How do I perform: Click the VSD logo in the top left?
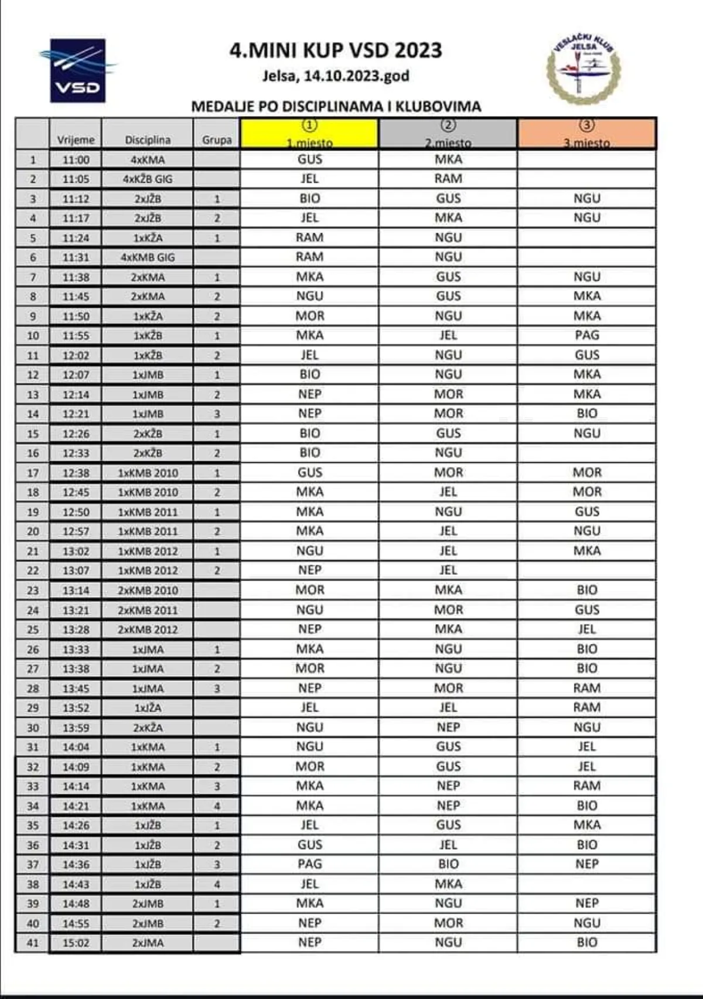tap(78, 71)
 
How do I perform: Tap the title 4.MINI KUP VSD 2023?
tap(336, 50)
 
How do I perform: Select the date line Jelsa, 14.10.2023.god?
tap(336, 76)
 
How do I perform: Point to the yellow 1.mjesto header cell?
tap(309, 134)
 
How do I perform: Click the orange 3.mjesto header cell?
tap(586, 134)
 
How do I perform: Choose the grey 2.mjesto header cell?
tap(448, 134)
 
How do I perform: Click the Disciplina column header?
tap(148, 140)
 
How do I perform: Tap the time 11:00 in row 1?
tap(76, 160)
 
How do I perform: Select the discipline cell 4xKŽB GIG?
tap(148, 179)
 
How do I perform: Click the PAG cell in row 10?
tap(586, 335)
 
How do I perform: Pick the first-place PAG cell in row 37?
tap(309, 864)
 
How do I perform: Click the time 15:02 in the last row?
tap(76, 943)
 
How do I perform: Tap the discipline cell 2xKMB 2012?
tap(148, 629)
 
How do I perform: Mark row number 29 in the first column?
tap(33, 708)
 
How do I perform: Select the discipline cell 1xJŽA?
tap(148, 708)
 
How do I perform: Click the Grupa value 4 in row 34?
tap(217, 806)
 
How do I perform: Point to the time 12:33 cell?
tap(76, 453)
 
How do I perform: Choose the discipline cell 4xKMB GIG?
tap(148, 257)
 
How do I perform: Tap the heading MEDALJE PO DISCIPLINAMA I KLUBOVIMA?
tap(336, 107)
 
